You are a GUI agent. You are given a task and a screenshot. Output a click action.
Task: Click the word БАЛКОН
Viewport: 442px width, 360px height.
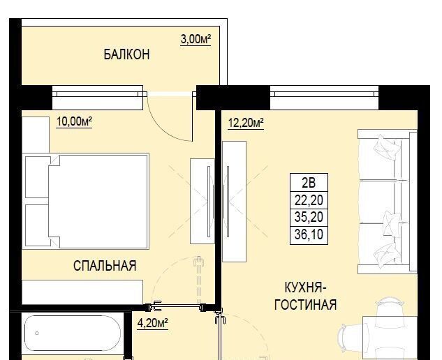(x=126, y=54)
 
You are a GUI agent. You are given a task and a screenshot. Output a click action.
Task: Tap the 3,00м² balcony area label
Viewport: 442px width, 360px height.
(x=196, y=40)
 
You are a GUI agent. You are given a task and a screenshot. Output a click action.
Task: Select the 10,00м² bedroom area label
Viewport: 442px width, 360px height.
(x=75, y=122)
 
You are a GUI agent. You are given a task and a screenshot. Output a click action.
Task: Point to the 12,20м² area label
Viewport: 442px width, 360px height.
(x=246, y=123)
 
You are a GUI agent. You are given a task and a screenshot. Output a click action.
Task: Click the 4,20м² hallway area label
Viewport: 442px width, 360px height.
(x=152, y=323)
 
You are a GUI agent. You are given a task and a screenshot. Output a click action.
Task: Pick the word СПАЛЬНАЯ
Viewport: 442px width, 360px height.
(x=105, y=266)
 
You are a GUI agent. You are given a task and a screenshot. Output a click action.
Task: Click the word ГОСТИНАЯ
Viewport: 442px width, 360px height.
(x=306, y=305)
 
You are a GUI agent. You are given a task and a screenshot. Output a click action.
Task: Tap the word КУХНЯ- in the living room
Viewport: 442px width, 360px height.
(x=306, y=288)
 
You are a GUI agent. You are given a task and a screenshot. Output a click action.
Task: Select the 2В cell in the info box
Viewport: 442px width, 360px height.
(x=309, y=183)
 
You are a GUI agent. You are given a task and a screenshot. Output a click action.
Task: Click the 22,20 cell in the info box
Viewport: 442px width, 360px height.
(x=309, y=200)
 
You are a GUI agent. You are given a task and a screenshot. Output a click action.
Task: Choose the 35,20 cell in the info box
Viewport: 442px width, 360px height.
(x=309, y=218)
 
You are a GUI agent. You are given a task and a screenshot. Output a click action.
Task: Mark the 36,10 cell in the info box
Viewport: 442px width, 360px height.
(x=309, y=235)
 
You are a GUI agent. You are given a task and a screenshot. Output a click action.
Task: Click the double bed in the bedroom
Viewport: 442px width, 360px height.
(x=98, y=201)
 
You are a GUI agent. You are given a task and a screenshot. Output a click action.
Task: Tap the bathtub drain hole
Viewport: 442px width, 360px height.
(x=37, y=333)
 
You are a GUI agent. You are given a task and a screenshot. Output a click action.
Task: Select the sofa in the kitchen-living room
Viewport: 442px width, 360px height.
(x=388, y=202)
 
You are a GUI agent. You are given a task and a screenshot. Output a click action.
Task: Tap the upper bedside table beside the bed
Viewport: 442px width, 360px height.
(x=38, y=177)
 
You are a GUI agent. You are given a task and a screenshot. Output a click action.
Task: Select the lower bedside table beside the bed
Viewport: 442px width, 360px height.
(x=38, y=225)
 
